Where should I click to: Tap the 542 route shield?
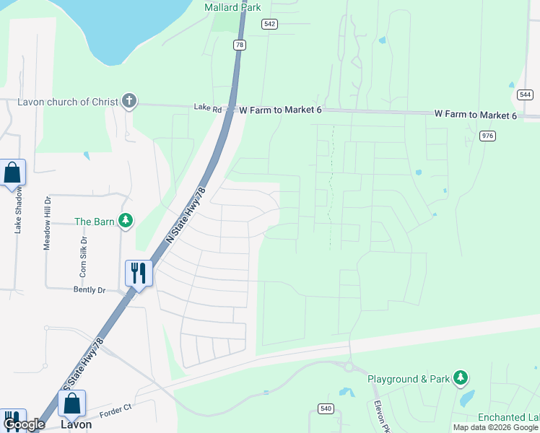tap(270, 24)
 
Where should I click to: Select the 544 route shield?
tap(526, 95)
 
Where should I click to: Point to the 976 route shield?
tap(488, 136)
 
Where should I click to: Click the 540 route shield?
tap(326, 408)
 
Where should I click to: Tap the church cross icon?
tap(129, 100)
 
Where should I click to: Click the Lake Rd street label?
tap(208, 108)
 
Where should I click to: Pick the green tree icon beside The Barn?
tap(126, 220)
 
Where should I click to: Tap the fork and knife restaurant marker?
tap(139, 274)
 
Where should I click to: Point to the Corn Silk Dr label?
tap(84, 257)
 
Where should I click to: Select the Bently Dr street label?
tap(90, 290)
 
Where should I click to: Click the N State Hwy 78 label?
tap(186, 214)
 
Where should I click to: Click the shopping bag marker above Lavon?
tap(71, 403)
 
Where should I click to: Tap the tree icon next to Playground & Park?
tap(460, 377)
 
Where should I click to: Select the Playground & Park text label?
tap(408, 379)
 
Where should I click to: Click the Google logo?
tap(25, 424)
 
